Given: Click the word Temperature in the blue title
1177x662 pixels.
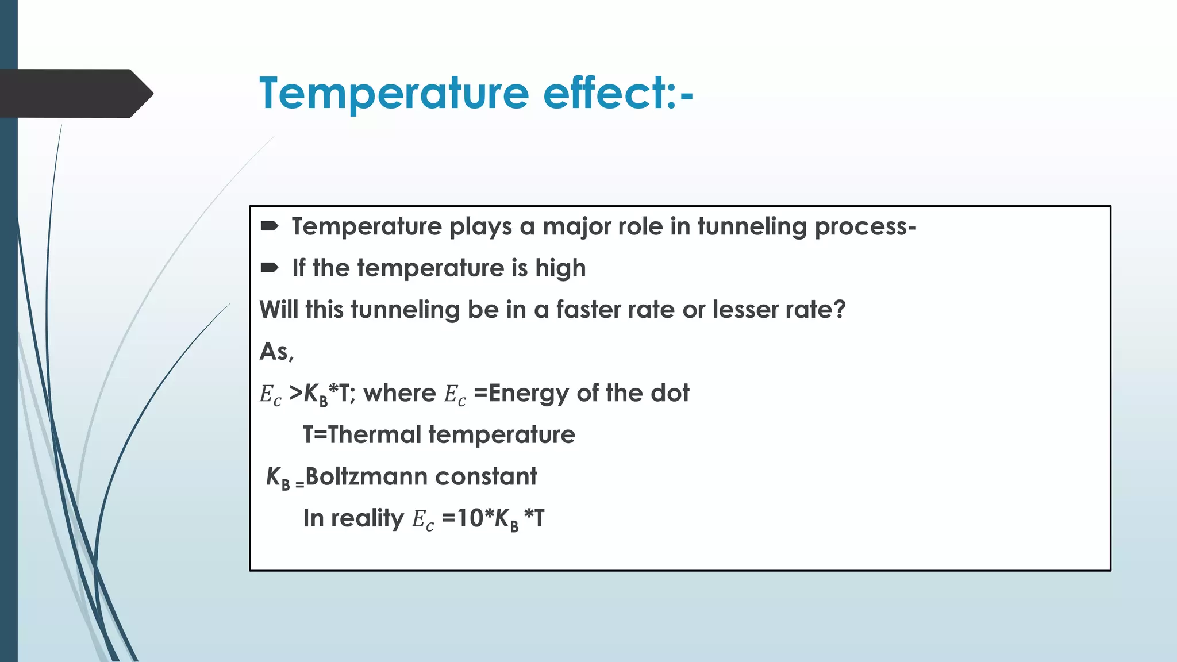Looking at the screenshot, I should click(394, 93).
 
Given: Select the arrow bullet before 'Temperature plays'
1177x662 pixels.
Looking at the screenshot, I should click(270, 226).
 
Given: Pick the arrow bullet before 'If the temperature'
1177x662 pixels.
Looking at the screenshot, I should click(270, 268).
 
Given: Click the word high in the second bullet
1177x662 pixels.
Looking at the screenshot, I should click(560, 268).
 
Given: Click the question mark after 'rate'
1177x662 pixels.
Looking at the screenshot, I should click(839, 310).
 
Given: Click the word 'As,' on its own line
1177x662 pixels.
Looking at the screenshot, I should click(276, 352).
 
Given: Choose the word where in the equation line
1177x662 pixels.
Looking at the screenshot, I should click(399, 394).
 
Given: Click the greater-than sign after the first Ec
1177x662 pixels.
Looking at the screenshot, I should click(296, 393).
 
